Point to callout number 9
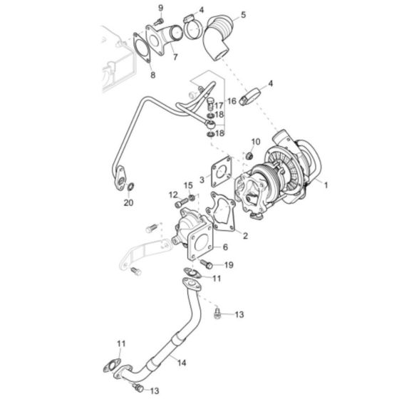coord(160,7)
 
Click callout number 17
coord(220,105)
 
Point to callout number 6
coord(225,247)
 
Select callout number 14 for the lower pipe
coord(182,363)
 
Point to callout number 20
coord(128,202)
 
